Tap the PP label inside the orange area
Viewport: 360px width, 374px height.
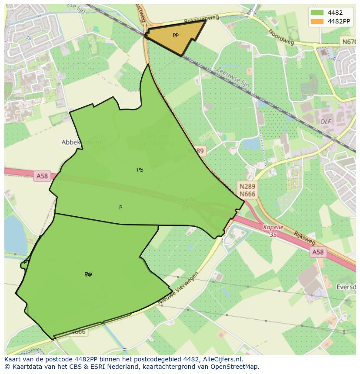point(175,36)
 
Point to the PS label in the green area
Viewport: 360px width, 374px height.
point(140,170)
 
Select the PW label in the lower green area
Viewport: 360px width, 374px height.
point(89,275)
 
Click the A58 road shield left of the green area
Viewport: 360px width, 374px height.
point(42,176)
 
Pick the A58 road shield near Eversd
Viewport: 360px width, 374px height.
point(318,252)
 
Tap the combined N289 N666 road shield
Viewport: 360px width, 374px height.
point(247,190)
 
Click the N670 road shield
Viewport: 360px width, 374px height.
point(348,42)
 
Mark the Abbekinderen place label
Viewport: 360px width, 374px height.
point(83,142)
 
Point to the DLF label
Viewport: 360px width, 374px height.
point(326,122)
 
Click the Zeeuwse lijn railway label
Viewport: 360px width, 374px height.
point(233,76)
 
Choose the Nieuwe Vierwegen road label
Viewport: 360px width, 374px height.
point(178,289)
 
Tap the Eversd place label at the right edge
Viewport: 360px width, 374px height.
point(347,287)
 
